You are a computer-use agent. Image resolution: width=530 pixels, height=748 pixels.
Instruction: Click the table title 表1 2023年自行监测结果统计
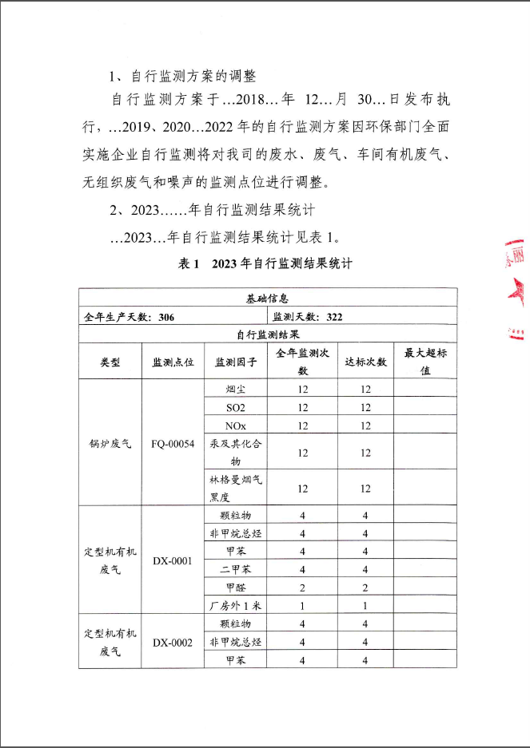point(265,263)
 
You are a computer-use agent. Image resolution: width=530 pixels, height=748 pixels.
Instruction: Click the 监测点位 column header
point(173,362)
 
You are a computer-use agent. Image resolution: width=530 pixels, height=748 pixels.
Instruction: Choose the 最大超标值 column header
point(425,362)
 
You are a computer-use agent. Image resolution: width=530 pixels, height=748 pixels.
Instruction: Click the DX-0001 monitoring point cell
point(173,560)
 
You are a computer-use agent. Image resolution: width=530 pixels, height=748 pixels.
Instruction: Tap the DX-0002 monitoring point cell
point(173,642)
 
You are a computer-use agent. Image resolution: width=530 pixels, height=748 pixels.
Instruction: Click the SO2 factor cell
point(236,407)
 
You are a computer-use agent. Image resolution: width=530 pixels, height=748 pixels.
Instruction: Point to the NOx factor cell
point(236,425)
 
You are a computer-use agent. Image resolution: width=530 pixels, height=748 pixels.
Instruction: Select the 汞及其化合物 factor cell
point(236,452)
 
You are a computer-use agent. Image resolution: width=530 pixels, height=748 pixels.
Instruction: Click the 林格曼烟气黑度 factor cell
point(236,487)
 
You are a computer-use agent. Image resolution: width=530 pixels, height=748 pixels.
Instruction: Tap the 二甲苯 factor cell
point(236,569)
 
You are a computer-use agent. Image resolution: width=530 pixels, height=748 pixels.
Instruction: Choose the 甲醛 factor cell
point(236,588)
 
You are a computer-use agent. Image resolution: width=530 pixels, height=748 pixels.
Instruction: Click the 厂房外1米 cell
point(236,605)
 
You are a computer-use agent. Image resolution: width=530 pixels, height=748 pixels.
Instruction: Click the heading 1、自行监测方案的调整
point(182,77)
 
